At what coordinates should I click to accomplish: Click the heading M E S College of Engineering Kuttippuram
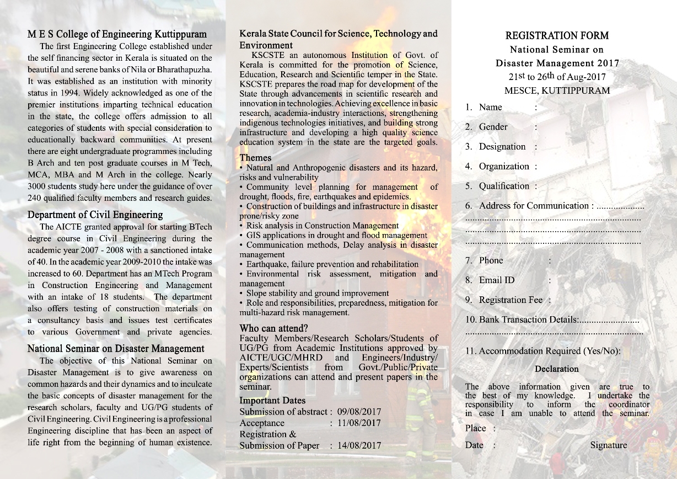117,34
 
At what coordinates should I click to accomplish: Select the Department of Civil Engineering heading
95,215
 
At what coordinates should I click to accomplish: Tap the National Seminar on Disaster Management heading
116,348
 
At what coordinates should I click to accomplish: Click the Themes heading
255,157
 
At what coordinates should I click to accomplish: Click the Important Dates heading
272,401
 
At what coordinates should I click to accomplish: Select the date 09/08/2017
358,412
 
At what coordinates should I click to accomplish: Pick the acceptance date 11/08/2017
358,423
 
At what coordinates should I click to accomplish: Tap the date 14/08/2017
358,446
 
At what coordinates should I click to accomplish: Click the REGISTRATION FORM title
557,36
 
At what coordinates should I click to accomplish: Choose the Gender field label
493,127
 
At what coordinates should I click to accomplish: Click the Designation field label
502,147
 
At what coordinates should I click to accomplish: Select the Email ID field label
496,280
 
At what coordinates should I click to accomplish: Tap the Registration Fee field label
511,300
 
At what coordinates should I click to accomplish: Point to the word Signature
608,445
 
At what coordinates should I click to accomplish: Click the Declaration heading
557,369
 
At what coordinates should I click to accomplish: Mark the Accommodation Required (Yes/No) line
549,351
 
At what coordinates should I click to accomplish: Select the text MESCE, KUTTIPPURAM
557,91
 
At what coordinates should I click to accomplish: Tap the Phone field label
491,260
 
